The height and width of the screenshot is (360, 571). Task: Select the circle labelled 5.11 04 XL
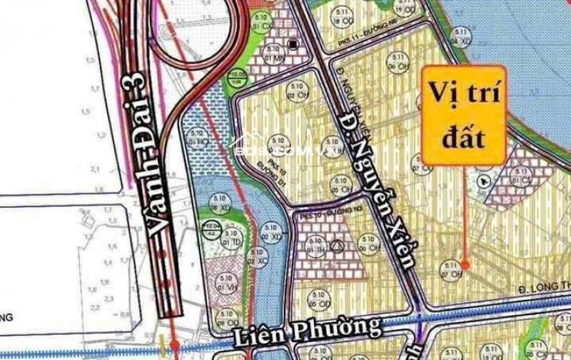465,38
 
